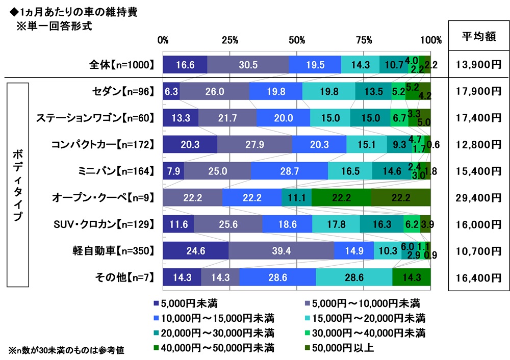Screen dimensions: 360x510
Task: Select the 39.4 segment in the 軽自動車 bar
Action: coord(281,251)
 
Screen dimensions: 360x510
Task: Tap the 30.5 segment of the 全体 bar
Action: coord(248,64)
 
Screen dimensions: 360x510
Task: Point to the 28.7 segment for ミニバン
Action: coord(289,171)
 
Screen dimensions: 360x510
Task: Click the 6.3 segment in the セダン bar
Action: coord(171,91)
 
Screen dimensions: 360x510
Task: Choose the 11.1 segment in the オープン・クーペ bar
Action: coord(296,197)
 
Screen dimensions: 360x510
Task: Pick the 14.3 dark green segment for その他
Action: coord(412,277)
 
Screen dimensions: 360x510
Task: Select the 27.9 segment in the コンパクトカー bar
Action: coord(254,144)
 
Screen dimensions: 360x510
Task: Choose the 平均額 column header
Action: coord(479,36)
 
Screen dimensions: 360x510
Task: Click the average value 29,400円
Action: coord(479,197)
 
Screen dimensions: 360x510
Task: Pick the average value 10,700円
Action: coord(479,251)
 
